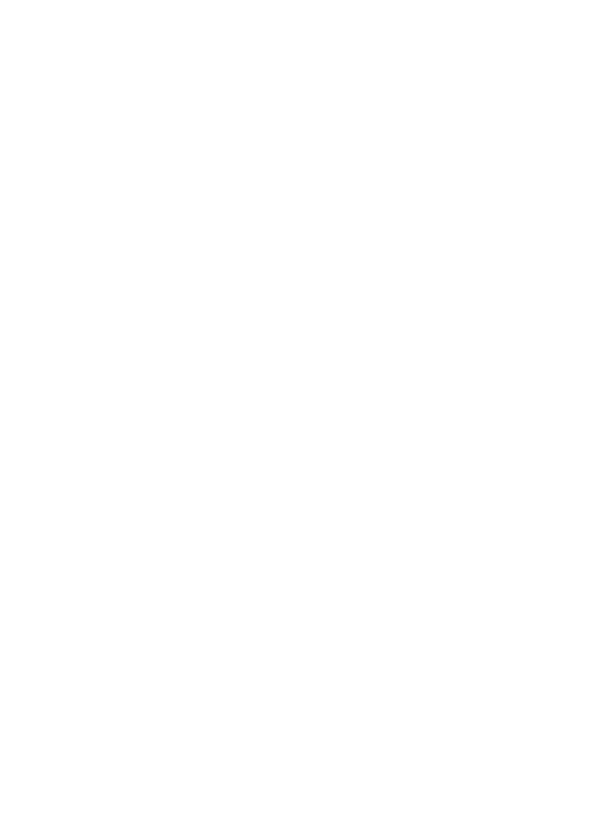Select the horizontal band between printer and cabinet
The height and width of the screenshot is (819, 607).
(x=303, y=339)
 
